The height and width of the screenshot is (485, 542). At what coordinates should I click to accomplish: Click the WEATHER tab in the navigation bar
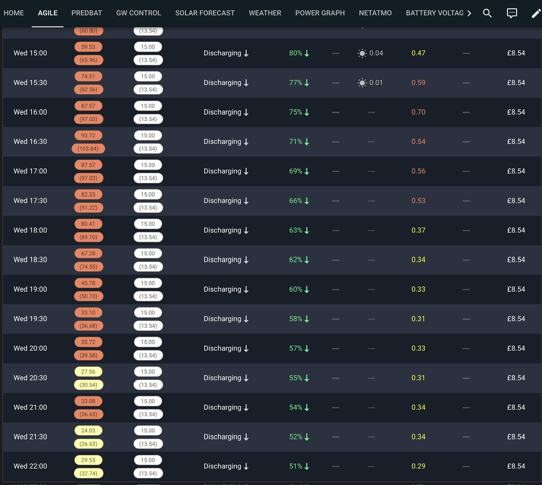[265, 13]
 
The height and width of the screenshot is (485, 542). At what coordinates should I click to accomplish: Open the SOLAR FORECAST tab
[205, 13]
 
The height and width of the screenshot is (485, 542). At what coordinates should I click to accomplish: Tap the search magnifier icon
[487, 13]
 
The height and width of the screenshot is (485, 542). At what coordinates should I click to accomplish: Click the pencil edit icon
[536, 13]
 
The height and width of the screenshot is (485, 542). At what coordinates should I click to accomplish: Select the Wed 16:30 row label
[30, 141]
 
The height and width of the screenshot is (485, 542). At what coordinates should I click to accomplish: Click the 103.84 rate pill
[88, 149]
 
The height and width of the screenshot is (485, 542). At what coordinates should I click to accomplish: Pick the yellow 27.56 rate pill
[88, 372]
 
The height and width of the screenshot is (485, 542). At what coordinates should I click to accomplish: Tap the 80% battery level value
[295, 53]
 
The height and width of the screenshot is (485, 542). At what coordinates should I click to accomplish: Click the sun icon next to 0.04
[362, 53]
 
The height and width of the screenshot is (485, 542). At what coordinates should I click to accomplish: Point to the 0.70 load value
[418, 112]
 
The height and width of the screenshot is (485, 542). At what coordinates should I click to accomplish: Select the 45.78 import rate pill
[88, 283]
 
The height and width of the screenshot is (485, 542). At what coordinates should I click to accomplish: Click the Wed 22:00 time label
[30, 466]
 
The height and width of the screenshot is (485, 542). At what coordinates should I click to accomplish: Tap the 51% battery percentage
[295, 466]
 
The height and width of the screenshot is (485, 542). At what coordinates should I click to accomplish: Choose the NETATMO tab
[375, 13]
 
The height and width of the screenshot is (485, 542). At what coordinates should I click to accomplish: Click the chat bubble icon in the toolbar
[512, 13]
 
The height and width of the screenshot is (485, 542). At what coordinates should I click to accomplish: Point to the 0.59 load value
[418, 83]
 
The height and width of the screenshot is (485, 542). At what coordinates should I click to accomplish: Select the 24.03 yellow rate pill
[88, 430]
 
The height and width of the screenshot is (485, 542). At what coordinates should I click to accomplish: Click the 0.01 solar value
[376, 83]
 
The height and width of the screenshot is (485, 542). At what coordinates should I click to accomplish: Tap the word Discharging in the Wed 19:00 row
[222, 289]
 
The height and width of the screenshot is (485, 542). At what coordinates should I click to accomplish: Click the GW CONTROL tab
[138, 13]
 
